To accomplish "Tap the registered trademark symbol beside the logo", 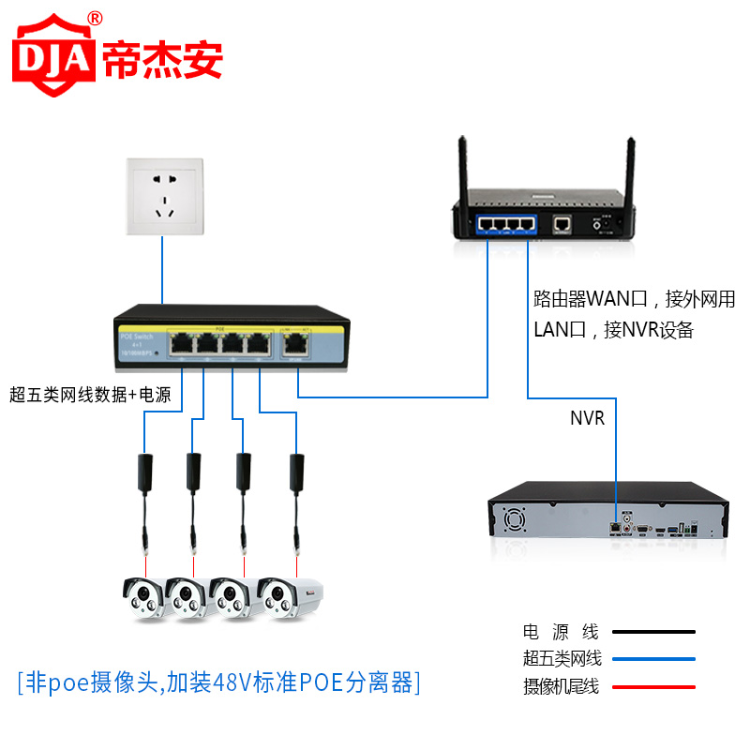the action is click(x=95, y=18).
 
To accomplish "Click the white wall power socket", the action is click(x=163, y=197).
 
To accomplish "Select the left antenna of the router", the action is click(x=462, y=173).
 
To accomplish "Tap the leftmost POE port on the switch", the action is click(x=182, y=345).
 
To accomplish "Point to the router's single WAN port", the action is click(x=562, y=225).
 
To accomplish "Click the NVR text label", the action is click(x=588, y=419).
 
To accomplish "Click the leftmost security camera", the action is click(x=146, y=597).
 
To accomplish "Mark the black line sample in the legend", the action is click(x=653, y=632).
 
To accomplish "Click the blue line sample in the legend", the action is click(x=653, y=659).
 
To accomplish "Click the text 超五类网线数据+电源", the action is click(x=90, y=395).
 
